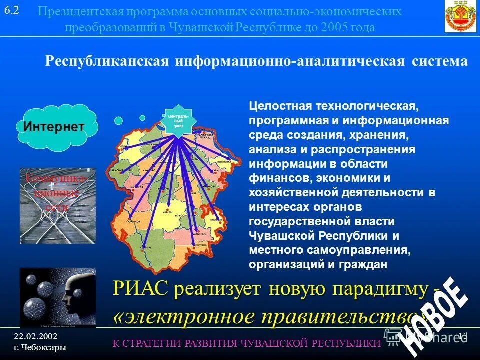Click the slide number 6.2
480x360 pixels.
[11, 10]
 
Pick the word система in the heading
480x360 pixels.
[440, 62]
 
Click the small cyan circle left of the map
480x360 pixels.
[118, 120]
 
